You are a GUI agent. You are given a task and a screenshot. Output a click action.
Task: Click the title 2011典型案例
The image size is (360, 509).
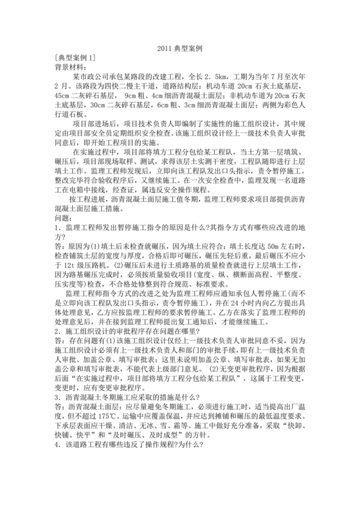(179, 48)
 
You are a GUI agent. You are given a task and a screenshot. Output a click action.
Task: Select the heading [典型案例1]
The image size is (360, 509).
(75, 57)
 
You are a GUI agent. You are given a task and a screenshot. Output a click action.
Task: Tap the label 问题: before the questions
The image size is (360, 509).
(66, 219)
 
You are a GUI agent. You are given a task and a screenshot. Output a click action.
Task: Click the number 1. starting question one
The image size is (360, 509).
(59, 228)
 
